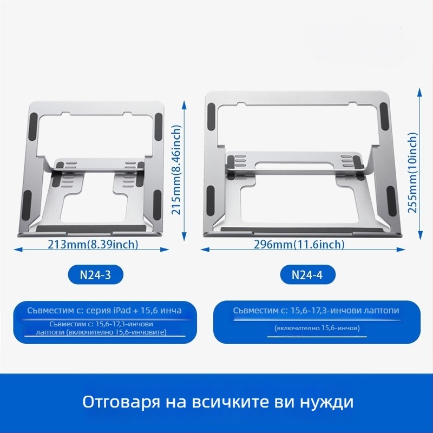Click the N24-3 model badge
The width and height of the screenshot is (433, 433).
[x=96, y=275]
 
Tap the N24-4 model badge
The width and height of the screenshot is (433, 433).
[x=307, y=275]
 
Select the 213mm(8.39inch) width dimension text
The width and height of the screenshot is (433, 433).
[x=93, y=245]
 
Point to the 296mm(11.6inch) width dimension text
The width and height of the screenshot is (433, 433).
[x=299, y=245]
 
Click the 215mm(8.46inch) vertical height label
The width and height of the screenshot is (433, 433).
[x=176, y=170]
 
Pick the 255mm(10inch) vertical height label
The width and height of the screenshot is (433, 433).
[x=412, y=173]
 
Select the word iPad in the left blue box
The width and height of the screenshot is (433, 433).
[x=122, y=310]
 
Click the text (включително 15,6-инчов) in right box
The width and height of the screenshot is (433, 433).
[x=317, y=328]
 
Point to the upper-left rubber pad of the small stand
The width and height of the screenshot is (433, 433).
[x=33, y=127]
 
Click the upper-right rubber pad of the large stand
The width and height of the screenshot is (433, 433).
[x=384, y=116]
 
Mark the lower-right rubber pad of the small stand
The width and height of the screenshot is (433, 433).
[x=157, y=205]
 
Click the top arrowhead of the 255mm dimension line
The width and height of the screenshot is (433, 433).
[x=420, y=91]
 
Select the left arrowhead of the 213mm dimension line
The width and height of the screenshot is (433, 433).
[x=18, y=250]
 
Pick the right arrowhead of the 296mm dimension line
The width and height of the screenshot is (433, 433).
[x=401, y=250]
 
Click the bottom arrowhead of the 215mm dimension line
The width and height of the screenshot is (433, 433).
[x=185, y=237]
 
